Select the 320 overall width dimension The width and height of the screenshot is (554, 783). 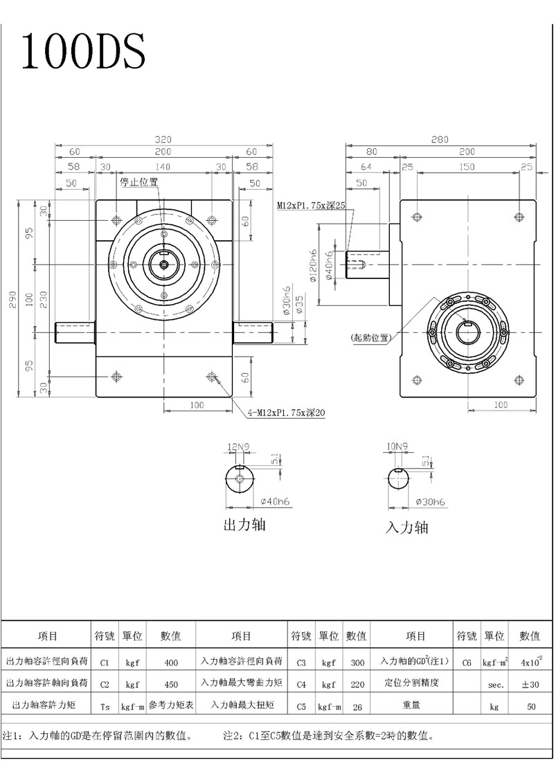coord(163,138)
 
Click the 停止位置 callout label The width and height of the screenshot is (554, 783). coord(139,182)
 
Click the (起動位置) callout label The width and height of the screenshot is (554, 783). coord(370,339)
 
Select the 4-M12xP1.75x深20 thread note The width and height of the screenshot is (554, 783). coord(286,413)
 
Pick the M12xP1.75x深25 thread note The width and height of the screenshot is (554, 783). coord(312,206)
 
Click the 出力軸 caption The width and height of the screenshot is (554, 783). coord(244,524)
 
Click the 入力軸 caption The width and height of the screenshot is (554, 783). coord(406,528)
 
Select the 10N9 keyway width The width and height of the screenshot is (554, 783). coord(399,447)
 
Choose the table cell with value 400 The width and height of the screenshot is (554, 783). coord(171,663)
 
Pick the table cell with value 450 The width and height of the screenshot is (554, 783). coord(171,684)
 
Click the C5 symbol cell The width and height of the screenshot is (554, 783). coord(301,706)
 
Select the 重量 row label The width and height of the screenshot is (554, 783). coord(415,706)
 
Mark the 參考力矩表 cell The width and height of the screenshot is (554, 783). coord(171,706)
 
